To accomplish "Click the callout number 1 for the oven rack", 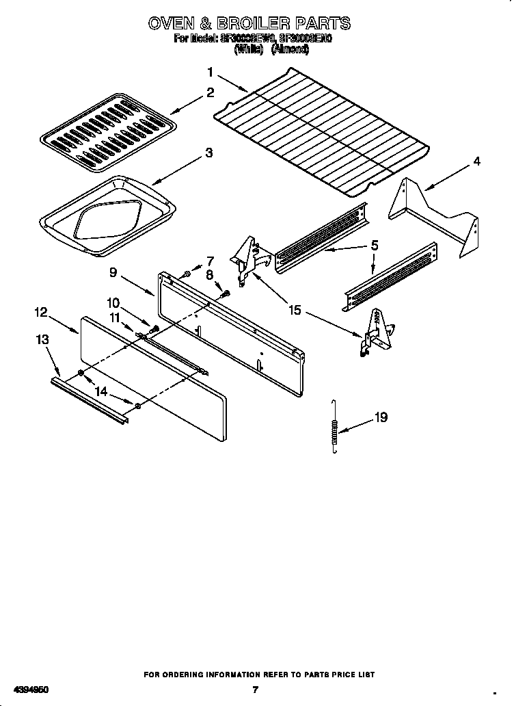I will [x=211, y=72].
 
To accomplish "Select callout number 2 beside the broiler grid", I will [x=211, y=93].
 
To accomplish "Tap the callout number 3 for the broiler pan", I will [x=209, y=153].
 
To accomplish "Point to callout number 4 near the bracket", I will [x=476, y=161].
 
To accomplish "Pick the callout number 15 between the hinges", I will [x=295, y=310].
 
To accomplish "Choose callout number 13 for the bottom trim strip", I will [x=43, y=339].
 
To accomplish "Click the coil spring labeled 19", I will [x=334, y=426].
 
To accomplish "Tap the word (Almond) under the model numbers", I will [x=290, y=49].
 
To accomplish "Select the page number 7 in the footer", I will [x=255, y=690].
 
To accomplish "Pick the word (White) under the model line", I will [x=249, y=49].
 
